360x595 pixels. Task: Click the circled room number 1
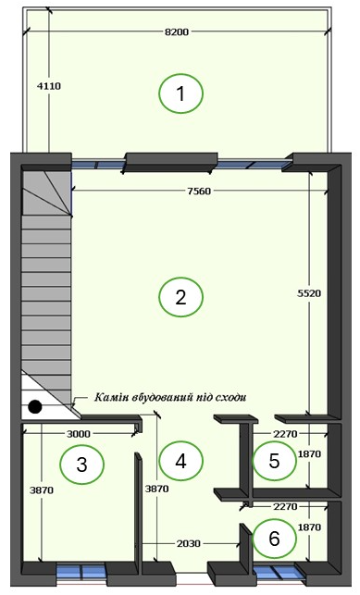coord(181,93)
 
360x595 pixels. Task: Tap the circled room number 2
coord(181,297)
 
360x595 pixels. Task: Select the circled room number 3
coord(82,464)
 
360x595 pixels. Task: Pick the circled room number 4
coord(181,461)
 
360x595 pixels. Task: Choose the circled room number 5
coord(274,460)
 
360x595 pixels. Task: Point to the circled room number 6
coord(274,538)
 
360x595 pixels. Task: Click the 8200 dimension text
coord(177,32)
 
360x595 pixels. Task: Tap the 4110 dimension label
coord(48,86)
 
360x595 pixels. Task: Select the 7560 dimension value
coord(199,192)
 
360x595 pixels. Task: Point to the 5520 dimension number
coord(309,293)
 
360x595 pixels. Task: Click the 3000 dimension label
coord(79,434)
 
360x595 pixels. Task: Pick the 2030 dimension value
coord(189,544)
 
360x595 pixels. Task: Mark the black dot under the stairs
coord(35,406)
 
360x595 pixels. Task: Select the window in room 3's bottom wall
coord(81,571)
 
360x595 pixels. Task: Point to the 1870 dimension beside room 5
coord(309,453)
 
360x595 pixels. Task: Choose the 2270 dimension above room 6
coord(285,506)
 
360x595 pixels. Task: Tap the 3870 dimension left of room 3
coord(42,490)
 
